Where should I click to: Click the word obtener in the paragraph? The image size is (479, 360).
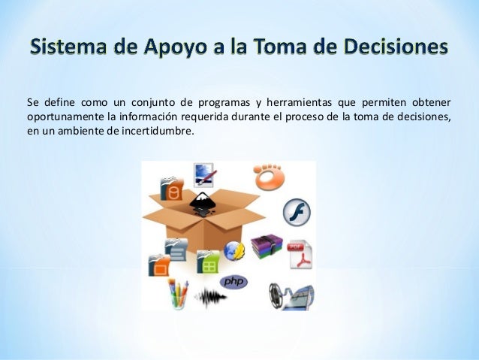click(x=431, y=103)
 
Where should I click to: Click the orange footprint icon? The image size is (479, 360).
click(x=268, y=177)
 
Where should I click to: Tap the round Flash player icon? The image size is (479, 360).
click(x=297, y=213)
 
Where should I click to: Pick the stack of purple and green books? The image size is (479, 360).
click(x=265, y=247)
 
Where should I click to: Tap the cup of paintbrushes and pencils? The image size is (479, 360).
click(x=177, y=293)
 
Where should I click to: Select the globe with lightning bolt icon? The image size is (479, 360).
click(x=234, y=251)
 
